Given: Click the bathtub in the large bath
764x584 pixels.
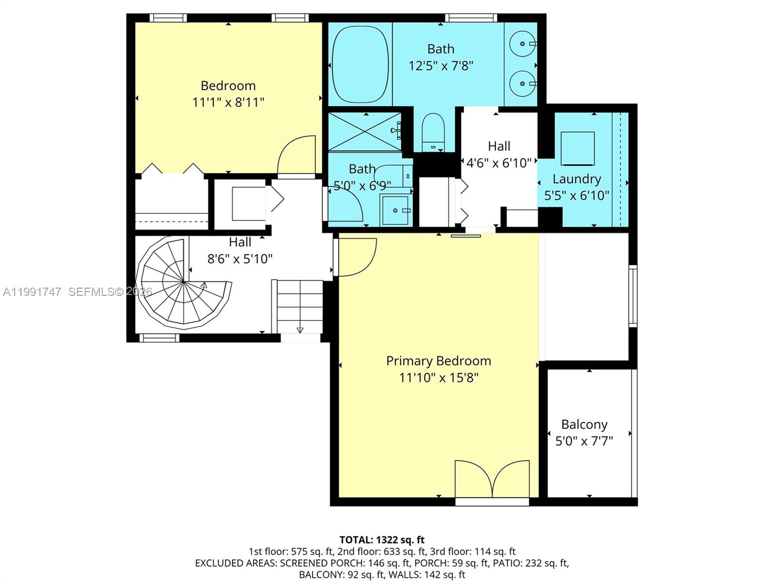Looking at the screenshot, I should pos(360,63).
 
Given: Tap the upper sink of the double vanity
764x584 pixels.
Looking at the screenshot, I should pos(522,44).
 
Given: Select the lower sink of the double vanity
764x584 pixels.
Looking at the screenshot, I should pos(522,84).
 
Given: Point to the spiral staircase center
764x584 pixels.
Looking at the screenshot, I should pos(183,281).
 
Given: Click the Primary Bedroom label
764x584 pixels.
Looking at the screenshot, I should pos(438,361).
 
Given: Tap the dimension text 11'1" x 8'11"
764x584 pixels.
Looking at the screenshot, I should pos(228,102).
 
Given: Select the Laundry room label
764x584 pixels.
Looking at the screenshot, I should pos(577,179).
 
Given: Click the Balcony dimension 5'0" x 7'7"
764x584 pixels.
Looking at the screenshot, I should pos(584,441).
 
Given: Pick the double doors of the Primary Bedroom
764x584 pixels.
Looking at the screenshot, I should pos(492,479).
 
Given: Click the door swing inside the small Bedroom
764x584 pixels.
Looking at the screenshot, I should pos(296,155).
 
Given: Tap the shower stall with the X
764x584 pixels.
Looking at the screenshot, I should pos(364,131).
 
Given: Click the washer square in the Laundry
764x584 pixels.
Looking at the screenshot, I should pos(578,148).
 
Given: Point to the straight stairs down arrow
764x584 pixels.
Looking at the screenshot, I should pos(300,330).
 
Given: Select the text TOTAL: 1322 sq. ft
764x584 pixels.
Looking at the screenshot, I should pos(382,540).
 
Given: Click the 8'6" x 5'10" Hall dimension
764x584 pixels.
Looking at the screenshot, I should pos(240,259).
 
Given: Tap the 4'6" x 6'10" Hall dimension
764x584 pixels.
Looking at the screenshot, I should pos(499,163).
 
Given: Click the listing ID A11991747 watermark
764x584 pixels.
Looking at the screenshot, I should pos(32,292).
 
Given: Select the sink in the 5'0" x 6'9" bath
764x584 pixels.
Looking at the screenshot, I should pos(395,210).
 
